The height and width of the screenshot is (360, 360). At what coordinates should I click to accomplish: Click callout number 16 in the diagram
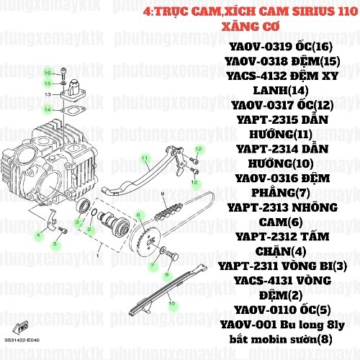47,73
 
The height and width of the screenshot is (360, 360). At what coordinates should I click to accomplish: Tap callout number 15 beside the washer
47,84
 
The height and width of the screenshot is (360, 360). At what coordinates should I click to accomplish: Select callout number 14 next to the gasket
47,109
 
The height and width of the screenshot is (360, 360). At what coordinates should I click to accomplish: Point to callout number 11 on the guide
144,158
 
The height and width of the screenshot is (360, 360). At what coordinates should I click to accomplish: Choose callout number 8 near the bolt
166,275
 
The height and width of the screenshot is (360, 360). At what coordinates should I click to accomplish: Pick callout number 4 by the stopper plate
38,235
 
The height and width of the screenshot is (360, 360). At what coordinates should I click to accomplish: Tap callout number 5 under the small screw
55,244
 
